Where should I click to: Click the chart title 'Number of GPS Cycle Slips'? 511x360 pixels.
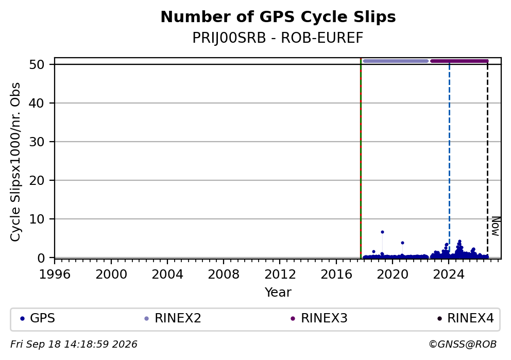tap(278, 18)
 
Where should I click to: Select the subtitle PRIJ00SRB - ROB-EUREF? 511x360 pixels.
tap(278, 38)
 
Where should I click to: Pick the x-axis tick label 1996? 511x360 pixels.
tap(55, 275)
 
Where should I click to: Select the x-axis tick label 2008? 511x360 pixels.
tap(224, 275)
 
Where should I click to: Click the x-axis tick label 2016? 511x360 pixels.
tap(336, 275)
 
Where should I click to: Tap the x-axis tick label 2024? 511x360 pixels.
tap(449, 275)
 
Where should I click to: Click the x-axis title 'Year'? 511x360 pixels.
tap(278, 292)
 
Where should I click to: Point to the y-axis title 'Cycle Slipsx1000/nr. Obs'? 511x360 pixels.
tap(15, 162)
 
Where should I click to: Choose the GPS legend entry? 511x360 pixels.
tap(38, 318)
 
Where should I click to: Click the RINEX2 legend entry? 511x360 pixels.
tap(173, 318)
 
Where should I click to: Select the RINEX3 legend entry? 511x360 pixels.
tap(319, 318)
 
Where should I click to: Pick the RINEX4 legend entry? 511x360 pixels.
tap(465, 318)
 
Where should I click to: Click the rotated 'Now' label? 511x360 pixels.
tap(496, 226)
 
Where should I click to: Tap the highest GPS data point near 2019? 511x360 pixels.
tap(382, 232)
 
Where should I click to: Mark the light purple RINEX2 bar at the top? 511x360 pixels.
tap(396, 61)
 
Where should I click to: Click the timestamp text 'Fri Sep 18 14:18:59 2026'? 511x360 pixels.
tap(74, 345)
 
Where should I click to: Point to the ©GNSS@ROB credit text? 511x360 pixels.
tap(463, 345)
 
